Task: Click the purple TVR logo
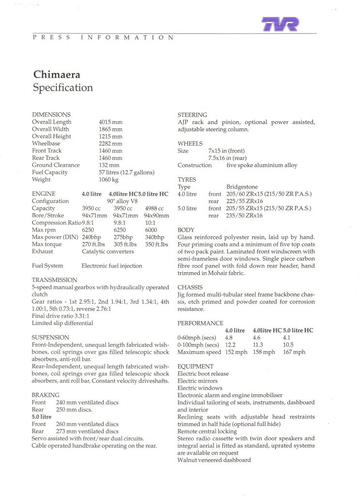coord(280,23)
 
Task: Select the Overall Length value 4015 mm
coord(110,122)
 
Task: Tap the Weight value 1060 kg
coord(109,180)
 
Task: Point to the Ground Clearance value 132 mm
coord(109,165)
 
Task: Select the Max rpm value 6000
coord(151,230)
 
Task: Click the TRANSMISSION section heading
coord(54,280)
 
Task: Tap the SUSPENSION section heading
coord(50,337)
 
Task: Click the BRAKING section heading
coord(46,395)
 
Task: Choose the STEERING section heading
coord(192,115)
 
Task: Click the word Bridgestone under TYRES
coord(242,187)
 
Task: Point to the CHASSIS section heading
coord(189,287)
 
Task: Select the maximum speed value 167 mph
coord(294,352)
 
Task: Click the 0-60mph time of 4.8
coord(230,338)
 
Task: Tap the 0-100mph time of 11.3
coord(258,345)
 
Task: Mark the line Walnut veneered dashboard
coord(214,460)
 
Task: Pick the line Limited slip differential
coord(62,323)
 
